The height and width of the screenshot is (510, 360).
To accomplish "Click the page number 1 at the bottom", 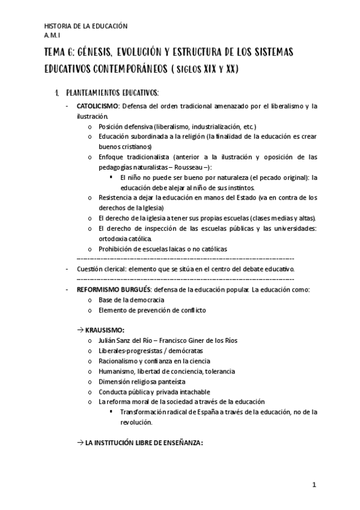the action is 314,485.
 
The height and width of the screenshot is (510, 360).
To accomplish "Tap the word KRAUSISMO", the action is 105,330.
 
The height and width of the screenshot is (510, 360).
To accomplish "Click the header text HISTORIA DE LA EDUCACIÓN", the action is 87,26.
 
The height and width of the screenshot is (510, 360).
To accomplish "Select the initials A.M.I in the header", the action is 53,35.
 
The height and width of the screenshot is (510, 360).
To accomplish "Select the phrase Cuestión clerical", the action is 103,269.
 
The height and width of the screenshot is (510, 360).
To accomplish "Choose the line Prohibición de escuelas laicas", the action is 163,249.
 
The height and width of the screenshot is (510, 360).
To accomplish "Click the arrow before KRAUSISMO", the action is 81,330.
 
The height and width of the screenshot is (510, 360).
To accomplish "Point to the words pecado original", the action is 282,177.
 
